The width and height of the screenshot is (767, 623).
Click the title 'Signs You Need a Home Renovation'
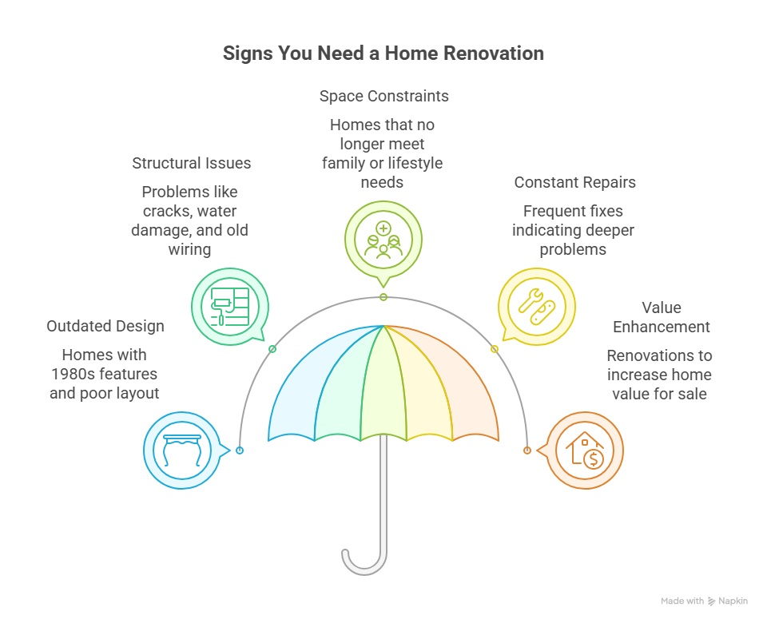(383, 54)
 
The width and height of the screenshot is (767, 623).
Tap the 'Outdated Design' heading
(105, 326)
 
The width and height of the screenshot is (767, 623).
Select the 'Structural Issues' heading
(191, 163)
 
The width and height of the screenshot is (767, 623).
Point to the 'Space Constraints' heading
(384, 96)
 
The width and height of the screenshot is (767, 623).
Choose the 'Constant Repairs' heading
(574, 182)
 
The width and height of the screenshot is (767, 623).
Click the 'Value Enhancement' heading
(662, 317)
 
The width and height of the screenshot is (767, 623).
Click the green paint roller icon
(230, 307)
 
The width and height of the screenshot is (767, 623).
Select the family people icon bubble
(383, 243)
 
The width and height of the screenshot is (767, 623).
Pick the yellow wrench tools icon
(537, 307)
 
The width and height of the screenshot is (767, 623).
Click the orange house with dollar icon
(585, 450)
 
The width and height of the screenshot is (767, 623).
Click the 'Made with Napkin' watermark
(704, 601)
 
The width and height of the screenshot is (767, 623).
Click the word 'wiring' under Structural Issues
(189, 249)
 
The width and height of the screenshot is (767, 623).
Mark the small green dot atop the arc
(383, 297)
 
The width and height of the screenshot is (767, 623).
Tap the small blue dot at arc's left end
(240, 450)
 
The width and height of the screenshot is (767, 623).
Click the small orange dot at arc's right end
(527, 450)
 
